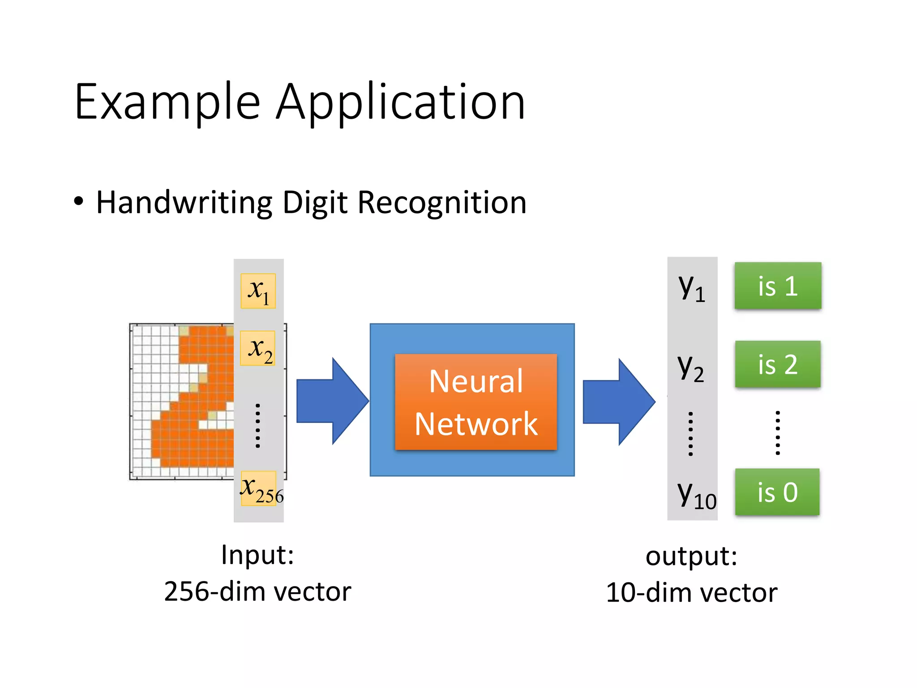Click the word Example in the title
tap(167, 102)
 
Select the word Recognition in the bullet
tap(442, 203)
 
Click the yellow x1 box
tap(258, 291)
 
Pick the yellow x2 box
tap(258, 348)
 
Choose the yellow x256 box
tap(259, 488)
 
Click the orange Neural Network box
tap(476, 402)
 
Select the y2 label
tap(690, 368)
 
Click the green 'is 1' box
tap(778, 286)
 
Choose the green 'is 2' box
tap(778, 364)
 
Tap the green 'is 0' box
tap(777, 492)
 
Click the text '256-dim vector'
tap(257, 591)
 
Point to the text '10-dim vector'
tap(691, 593)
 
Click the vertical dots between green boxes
tap(778, 433)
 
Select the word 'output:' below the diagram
tap(691, 556)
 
